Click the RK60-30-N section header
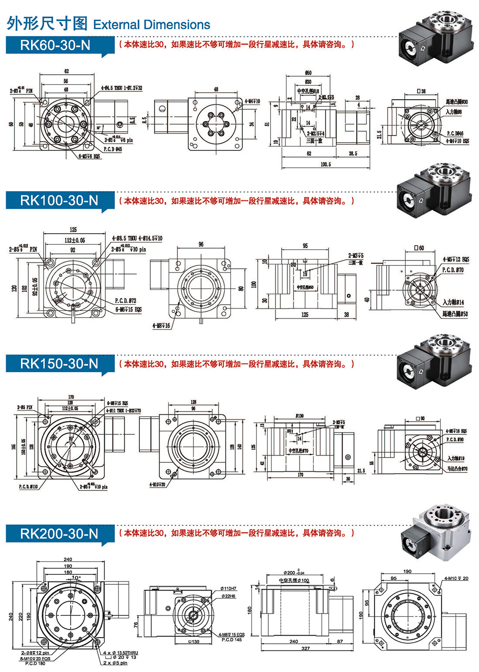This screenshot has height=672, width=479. [x=55, y=45]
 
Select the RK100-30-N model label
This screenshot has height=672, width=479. [x=58, y=201]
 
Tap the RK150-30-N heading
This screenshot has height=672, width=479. [x=58, y=364]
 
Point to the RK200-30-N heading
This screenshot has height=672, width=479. [x=58, y=534]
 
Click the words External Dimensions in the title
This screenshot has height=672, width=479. [x=152, y=25]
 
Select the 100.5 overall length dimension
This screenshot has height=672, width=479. [x=325, y=164]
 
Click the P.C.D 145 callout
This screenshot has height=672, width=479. [x=232, y=640]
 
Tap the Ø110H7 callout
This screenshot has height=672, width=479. [x=228, y=589]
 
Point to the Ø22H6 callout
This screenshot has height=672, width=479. [x=228, y=596]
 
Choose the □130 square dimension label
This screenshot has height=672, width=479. [x=194, y=642]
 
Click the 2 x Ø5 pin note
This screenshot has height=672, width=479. [x=115, y=663]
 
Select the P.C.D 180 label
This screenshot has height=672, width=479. [x=35, y=663]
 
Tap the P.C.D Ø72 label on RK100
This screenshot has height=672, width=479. [x=125, y=301]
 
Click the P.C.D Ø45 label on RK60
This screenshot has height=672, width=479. [x=113, y=149]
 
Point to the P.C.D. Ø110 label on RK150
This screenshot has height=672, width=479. [x=28, y=487]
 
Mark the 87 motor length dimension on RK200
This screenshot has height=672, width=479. [x=340, y=641]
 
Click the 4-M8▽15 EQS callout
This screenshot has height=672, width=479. [x=232, y=635]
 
